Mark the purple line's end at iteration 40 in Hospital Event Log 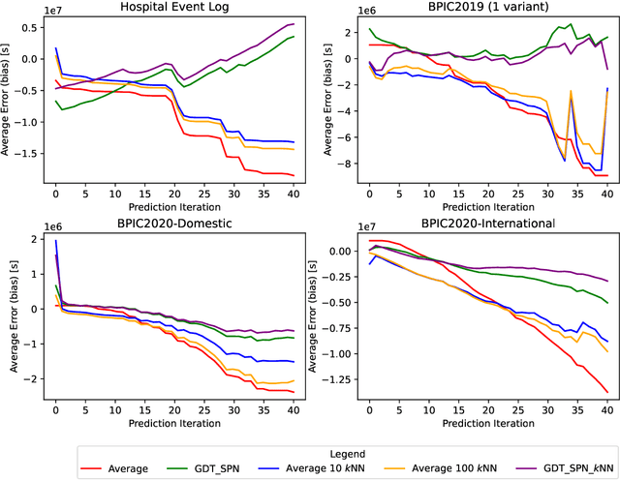pos(294,24)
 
